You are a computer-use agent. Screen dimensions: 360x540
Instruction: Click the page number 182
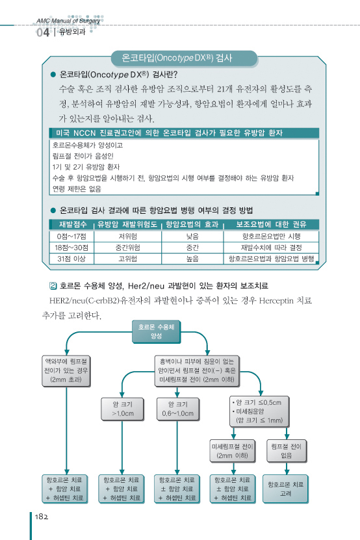(x=42, y=517)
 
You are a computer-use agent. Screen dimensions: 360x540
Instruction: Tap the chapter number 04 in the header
(x=43, y=32)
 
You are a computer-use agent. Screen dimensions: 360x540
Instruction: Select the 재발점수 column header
(x=73, y=225)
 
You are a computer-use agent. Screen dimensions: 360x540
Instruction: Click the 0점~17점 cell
(x=71, y=237)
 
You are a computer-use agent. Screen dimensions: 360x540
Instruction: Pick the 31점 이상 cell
(x=71, y=259)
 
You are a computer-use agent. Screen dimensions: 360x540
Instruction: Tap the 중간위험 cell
(x=127, y=248)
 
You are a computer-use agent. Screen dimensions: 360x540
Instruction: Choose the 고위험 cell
(x=127, y=259)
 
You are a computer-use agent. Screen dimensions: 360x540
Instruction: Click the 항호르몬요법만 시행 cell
(x=271, y=237)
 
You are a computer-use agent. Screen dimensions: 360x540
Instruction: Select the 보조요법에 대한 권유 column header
(x=271, y=225)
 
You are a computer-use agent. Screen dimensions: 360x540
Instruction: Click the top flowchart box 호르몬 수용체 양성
(x=156, y=331)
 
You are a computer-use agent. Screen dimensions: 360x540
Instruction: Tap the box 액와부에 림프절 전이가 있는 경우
(x=66, y=371)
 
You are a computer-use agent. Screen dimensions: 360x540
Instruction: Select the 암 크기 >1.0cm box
(x=122, y=409)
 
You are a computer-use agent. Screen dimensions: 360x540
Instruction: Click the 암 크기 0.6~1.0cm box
(x=178, y=409)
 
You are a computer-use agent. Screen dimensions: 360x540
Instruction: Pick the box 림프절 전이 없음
(x=287, y=451)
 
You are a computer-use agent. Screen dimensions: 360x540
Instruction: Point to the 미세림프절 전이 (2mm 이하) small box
(x=232, y=451)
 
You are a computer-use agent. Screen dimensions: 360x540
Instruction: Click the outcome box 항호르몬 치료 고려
(x=285, y=489)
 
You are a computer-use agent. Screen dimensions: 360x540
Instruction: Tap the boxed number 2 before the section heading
(x=53, y=285)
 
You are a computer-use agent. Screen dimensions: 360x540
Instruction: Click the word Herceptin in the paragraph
(x=276, y=301)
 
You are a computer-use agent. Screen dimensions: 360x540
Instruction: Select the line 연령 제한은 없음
(x=77, y=188)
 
